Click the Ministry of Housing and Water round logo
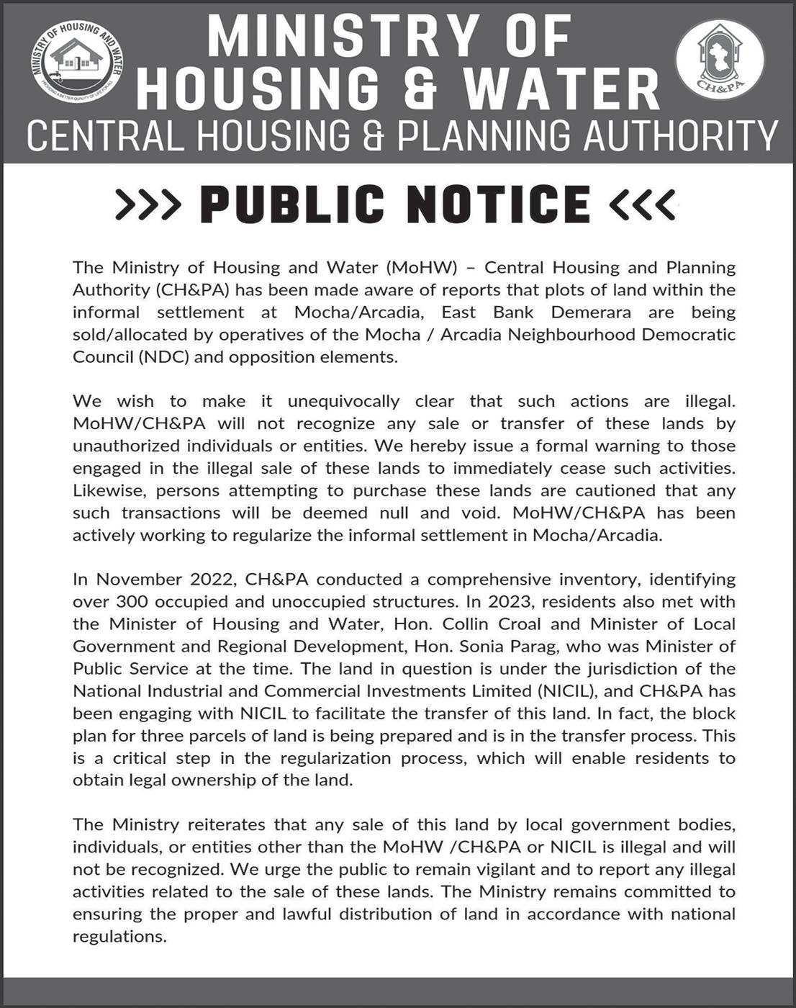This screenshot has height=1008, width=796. [x=76, y=64]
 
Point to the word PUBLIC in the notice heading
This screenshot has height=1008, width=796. [x=292, y=204]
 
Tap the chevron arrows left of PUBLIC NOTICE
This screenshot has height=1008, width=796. [x=148, y=204]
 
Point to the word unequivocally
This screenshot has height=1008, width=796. [x=343, y=401]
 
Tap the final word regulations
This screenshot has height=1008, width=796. [x=119, y=937]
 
